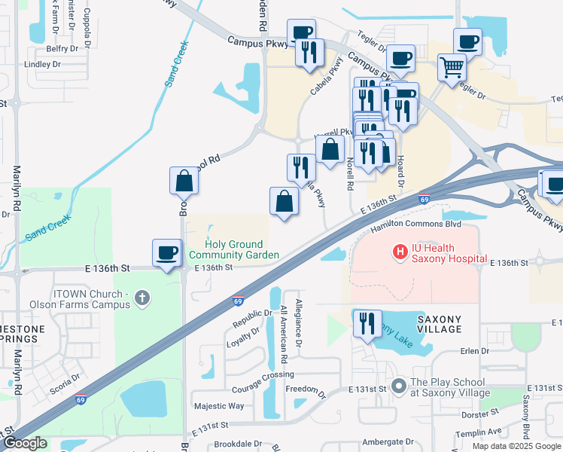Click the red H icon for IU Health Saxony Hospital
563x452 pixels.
pyautogui.click(x=400, y=250)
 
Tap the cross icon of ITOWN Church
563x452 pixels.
pyautogui.click(x=141, y=299)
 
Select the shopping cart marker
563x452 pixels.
pyautogui.click(x=452, y=68)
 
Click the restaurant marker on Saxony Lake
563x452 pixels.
pyautogui.click(x=367, y=324)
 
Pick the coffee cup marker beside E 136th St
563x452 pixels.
pyautogui.click(x=166, y=253)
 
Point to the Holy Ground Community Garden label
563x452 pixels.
pyautogui.click(x=235, y=249)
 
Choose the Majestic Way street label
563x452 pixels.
pyautogui.click(x=219, y=406)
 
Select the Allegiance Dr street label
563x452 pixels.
pyautogui.click(x=299, y=323)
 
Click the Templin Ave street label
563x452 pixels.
pyautogui.click(x=482, y=432)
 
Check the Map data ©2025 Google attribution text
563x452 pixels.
pyautogui.click(x=516, y=446)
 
